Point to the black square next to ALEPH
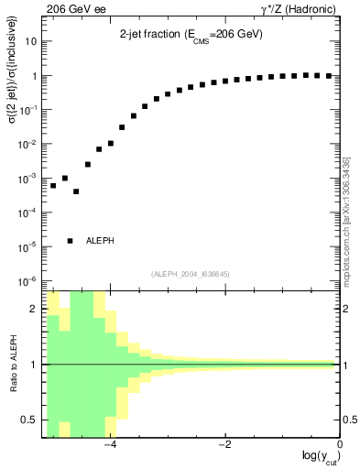tap(70, 240)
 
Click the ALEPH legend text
tap(100, 240)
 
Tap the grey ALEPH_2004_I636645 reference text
tap(191, 273)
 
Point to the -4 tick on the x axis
tap(110, 444)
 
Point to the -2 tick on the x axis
tap(225, 444)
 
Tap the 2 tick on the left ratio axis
tap(36, 310)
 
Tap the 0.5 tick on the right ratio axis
tap(348, 420)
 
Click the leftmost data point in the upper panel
tap(53, 186)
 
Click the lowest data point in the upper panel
tap(76, 191)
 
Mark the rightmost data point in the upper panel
tap(329, 76)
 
